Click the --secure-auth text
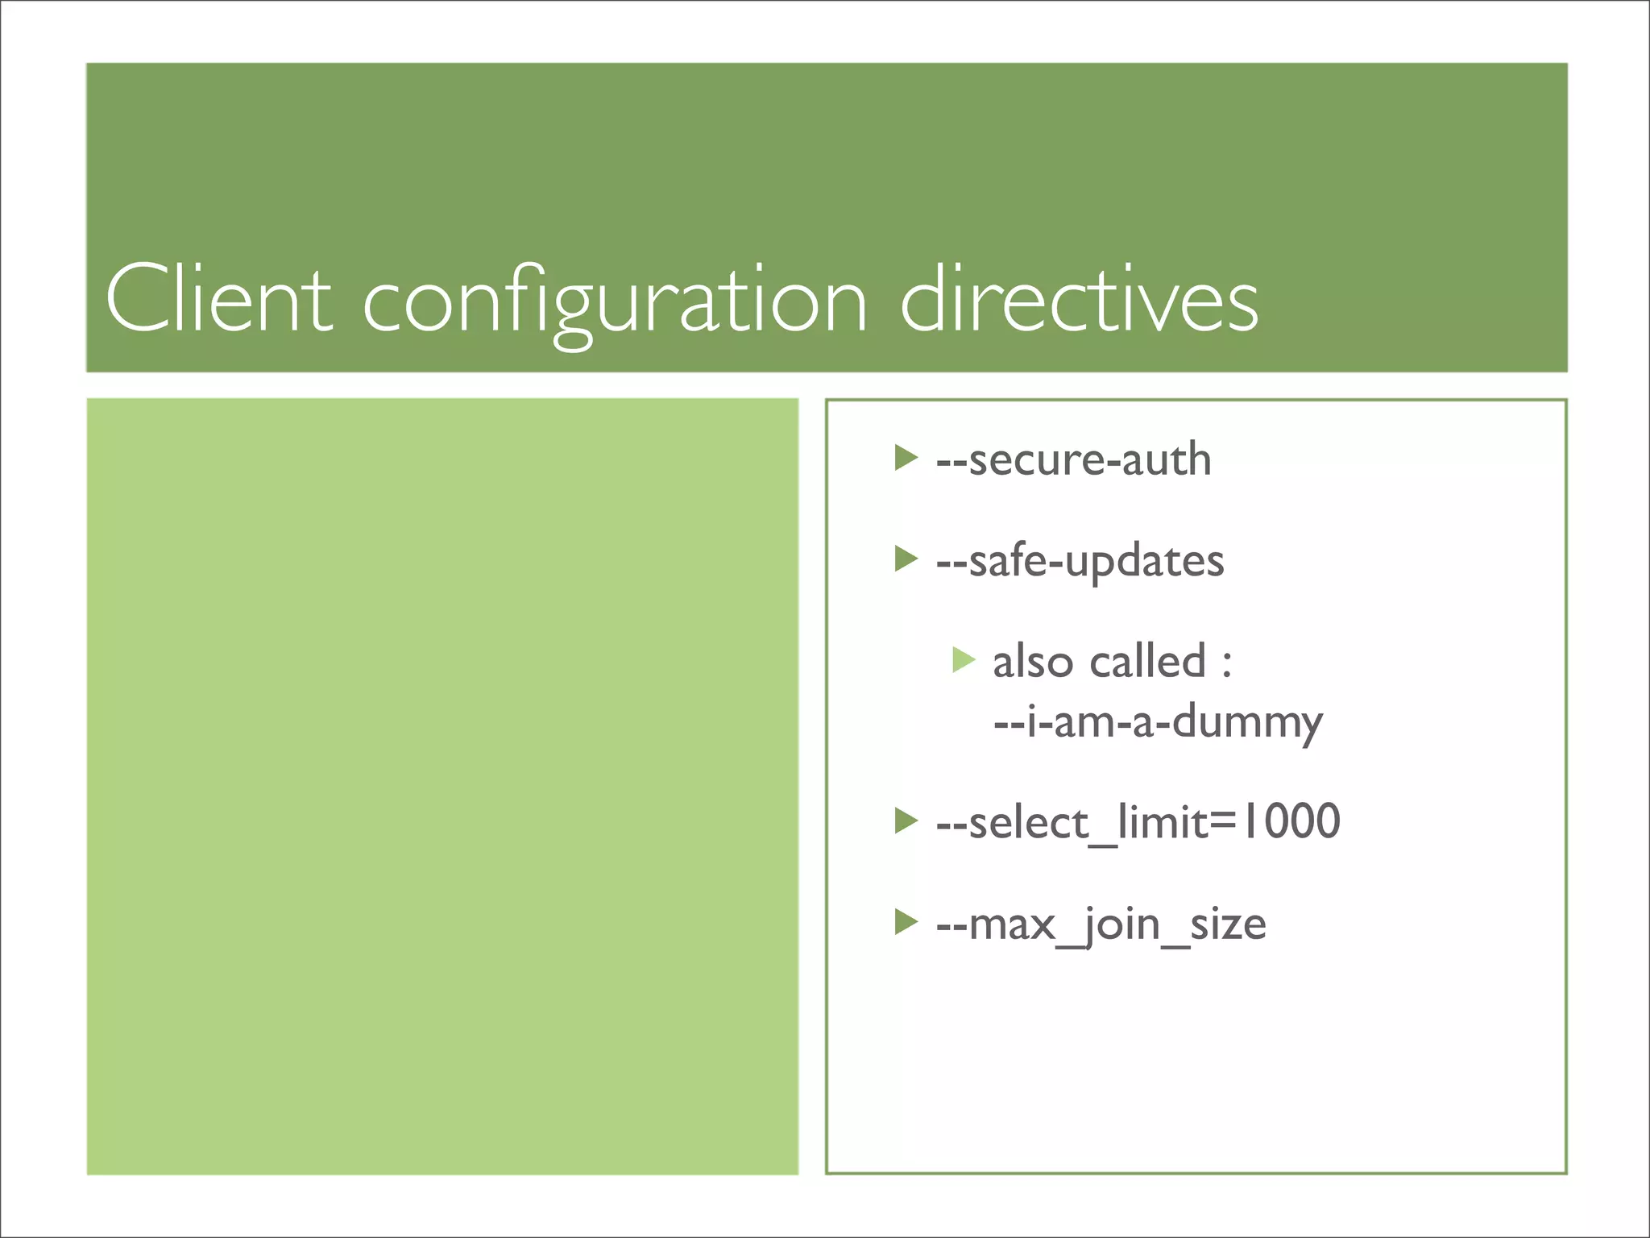tap(1073, 460)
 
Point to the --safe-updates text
tap(1080, 562)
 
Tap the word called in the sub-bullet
tap(1147, 663)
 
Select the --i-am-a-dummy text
tap(1158, 722)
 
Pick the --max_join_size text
tap(1101, 924)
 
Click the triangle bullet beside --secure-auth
tap(906, 458)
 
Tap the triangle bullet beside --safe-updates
tap(906, 559)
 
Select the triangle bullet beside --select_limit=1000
tap(906, 820)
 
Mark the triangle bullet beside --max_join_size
tap(906, 921)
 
